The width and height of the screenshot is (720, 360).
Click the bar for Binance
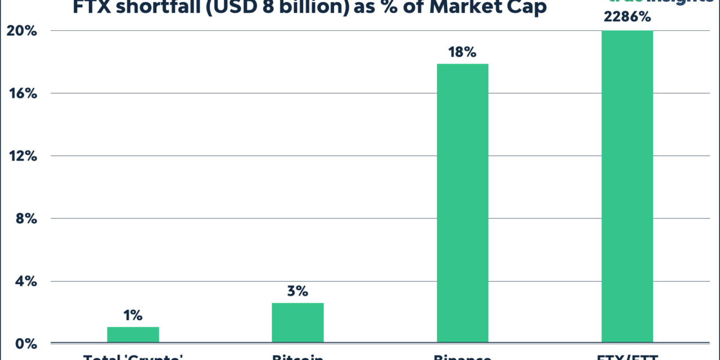462,202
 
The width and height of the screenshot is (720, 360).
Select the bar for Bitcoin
298,322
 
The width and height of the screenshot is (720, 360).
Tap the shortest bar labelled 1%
133,334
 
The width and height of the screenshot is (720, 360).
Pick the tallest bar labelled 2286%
627,186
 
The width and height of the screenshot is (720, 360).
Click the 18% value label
462,52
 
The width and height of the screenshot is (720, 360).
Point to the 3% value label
298,291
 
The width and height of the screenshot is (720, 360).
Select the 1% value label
133,316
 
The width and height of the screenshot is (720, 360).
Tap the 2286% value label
627,17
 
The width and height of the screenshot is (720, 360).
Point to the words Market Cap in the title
490,8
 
